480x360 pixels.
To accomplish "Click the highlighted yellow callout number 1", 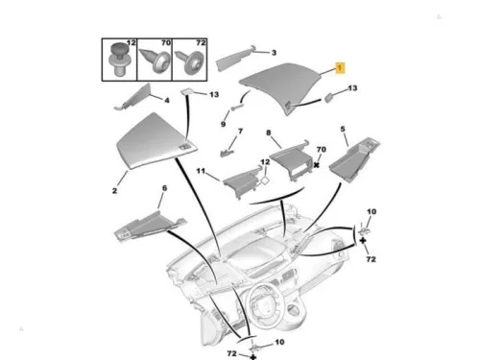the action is (340, 68).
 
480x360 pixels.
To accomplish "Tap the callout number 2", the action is (114, 191).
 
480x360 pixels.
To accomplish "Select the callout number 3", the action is (274, 53).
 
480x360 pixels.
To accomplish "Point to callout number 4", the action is (167, 100).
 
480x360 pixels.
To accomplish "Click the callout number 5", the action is (343, 129).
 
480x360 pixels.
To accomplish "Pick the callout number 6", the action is (164, 188).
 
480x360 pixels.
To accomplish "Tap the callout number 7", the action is (240, 131).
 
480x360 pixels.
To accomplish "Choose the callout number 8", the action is (268, 132).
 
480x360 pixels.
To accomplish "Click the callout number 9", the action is (223, 124).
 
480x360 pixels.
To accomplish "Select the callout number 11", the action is (201, 171).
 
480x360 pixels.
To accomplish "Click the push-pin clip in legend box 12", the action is (119, 60).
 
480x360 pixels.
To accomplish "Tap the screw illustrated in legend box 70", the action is (155, 60).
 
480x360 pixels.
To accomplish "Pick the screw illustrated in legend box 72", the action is (189, 61).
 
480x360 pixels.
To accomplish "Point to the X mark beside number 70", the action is (317, 165).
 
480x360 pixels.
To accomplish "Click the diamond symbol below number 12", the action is (266, 180).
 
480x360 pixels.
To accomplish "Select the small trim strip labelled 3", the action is (236, 59).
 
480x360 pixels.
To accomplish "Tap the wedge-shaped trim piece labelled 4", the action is (133, 97).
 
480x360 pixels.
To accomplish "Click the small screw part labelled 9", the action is (237, 108).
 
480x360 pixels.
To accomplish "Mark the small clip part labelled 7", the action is (227, 152).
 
